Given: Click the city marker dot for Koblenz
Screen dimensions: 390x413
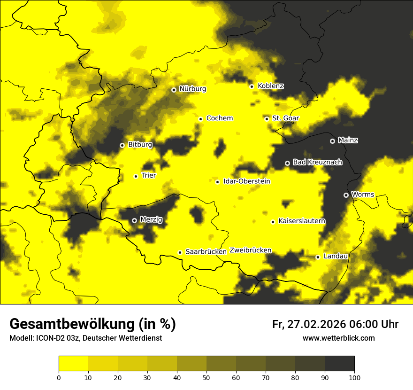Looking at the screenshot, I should (x=252, y=86).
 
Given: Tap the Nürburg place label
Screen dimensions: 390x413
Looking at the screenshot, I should (x=192, y=89).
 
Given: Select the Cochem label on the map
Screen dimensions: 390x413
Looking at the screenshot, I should (x=220, y=118).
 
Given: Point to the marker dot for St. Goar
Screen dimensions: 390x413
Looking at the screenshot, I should (x=267, y=119).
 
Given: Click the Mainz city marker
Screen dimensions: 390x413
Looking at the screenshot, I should (x=332, y=141).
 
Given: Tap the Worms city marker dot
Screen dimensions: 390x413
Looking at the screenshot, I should (x=346, y=195).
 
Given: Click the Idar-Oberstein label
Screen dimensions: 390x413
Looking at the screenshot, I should (x=247, y=181).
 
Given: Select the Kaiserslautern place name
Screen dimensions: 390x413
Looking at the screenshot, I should (x=302, y=221).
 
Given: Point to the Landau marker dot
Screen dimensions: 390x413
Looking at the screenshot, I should (x=318, y=257).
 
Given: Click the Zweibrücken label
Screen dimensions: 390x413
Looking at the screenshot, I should (x=251, y=250).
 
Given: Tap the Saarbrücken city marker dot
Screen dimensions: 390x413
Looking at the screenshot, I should (x=180, y=252).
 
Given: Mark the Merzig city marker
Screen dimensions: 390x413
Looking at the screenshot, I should (x=134, y=220).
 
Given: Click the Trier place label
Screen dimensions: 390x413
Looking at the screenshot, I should (x=149, y=175).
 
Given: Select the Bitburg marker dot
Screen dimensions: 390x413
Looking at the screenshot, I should (x=122, y=145).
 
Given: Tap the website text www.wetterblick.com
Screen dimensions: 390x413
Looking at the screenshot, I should (x=338, y=338).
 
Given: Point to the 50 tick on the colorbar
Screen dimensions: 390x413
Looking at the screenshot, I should (x=206, y=377).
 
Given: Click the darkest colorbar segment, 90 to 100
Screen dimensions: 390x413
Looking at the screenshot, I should (x=339, y=364).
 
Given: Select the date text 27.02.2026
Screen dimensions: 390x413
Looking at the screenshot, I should (x=316, y=324).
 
